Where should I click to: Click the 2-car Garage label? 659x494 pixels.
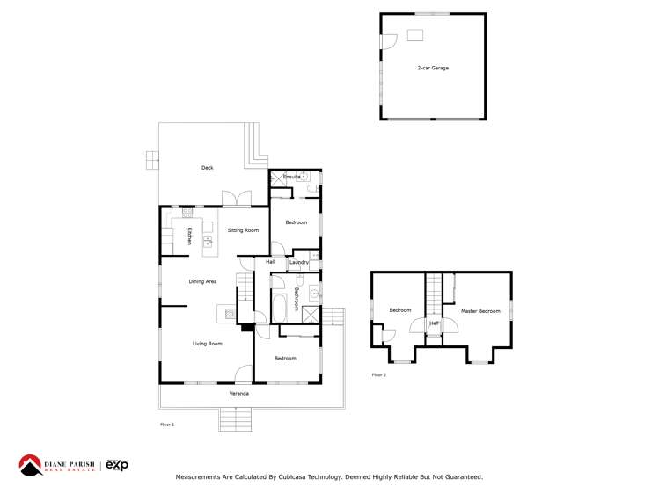click(x=433, y=68)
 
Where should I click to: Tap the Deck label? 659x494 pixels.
click(x=207, y=167)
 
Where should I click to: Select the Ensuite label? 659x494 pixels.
click(x=291, y=177)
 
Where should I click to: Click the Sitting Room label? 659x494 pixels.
click(x=243, y=230)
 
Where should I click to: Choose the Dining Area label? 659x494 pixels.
click(x=202, y=281)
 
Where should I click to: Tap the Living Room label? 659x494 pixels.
click(x=207, y=344)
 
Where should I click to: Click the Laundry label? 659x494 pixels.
click(x=298, y=262)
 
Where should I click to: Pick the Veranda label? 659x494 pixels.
click(x=238, y=394)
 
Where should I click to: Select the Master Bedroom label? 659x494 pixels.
click(x=480, y=311)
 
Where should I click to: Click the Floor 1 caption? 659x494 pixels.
click(x=167, y=425)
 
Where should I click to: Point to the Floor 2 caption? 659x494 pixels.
click(x=378, y=375)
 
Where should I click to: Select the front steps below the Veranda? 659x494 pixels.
click(x=237, y=419)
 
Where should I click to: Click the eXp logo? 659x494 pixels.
click(x=117, y=464)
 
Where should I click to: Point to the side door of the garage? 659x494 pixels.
click(x=384, y=41)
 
